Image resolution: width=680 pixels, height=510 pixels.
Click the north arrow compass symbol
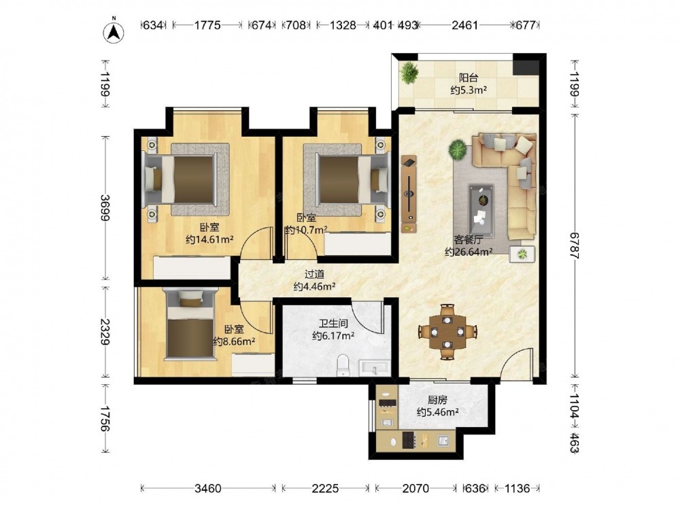114,31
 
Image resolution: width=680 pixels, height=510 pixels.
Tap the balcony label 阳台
469,78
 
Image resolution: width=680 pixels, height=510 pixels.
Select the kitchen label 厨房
437,401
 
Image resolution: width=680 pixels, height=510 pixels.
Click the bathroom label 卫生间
333,324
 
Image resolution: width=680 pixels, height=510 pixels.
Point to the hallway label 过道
314,275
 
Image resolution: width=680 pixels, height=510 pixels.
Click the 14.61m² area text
210,239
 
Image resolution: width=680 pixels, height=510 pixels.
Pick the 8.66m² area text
234,341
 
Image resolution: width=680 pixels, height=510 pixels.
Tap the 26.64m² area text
469,252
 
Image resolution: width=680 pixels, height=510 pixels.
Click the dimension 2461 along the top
464,25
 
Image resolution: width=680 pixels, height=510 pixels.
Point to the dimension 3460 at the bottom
207,488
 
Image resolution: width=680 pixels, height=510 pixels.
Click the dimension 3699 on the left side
105,207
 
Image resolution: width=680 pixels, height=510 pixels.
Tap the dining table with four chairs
447,332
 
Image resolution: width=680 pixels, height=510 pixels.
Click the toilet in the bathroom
343,366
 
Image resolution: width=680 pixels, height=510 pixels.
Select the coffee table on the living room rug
481,210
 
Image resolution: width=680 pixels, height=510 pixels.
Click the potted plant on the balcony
409,72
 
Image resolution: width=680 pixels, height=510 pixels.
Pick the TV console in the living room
409,194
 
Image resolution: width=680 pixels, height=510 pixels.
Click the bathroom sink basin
375,368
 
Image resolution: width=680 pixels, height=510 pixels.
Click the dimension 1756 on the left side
105,418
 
